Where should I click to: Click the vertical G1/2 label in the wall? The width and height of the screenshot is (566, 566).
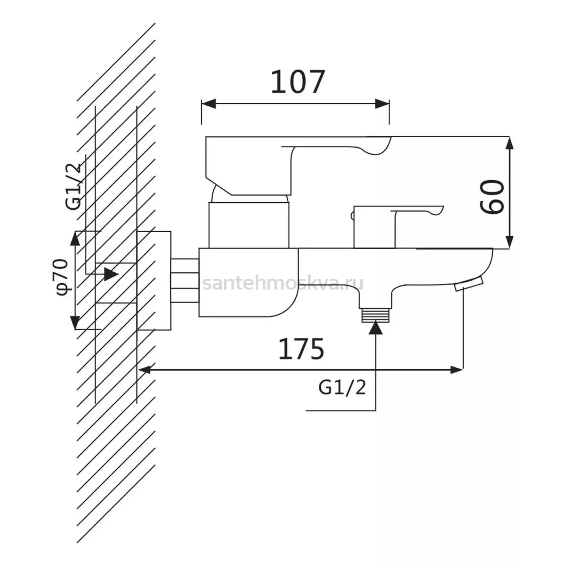(74, 186)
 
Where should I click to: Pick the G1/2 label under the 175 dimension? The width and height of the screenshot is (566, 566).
(342, 388)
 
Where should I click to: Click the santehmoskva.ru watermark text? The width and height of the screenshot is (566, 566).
(283, 283)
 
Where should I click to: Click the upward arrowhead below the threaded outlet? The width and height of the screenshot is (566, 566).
(376, 328)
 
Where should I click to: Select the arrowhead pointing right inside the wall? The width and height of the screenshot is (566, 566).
(111, 274)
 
